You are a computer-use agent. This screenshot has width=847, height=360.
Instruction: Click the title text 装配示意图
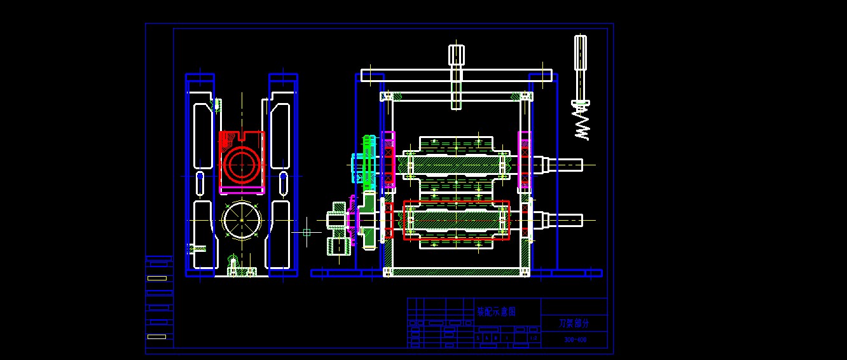(x=496, y=312)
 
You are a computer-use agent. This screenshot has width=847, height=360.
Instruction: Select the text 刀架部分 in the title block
(x=574, y=323)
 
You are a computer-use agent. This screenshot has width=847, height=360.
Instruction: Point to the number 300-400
(x=575, y=340)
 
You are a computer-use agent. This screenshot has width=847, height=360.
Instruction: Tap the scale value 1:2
(x=534, y=338)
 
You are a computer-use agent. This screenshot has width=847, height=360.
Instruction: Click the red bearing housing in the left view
(x=242, y=162)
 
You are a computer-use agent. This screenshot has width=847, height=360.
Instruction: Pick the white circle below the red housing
(x=242, y=220)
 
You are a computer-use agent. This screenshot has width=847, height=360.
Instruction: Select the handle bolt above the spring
(x=580, y=54)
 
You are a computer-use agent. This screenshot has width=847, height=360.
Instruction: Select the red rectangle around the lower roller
(x=456, y=220)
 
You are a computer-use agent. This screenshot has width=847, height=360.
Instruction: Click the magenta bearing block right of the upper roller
(x=524, y=162)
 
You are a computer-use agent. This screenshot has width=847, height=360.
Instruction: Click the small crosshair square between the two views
(x=306, y=233)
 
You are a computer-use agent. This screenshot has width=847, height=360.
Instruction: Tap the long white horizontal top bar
(x=457, y=75)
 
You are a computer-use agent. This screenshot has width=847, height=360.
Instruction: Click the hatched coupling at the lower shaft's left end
(x=338, y=228)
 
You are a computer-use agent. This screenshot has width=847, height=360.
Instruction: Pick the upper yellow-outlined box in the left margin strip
(x=156, y=278)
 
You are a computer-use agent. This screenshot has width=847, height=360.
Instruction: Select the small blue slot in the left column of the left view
(x=200, y=184)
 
